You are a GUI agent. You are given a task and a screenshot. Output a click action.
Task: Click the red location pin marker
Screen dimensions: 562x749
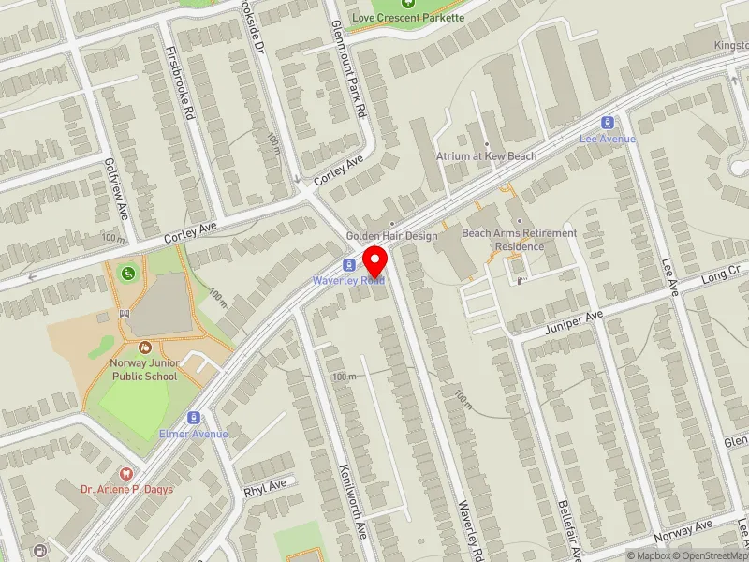click(x=375, y=259)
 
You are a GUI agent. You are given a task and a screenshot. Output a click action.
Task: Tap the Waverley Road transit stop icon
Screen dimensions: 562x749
click(x=348, y=265)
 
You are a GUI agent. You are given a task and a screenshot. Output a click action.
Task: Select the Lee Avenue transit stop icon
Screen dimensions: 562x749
click(x=608, y=123)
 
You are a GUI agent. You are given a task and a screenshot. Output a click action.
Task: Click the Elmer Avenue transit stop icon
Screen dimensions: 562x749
click(x=194, y=418)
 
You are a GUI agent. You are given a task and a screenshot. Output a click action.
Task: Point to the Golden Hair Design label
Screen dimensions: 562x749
click(x=391, y=236)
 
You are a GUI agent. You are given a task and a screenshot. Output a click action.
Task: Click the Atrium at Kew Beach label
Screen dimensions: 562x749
click(x=486, y=156)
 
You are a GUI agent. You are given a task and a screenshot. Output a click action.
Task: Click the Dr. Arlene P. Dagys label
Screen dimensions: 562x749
click(x=126, y=489)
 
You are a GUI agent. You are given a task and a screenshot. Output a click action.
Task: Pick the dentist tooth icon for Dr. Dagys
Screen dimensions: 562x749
click(x=127, y=473)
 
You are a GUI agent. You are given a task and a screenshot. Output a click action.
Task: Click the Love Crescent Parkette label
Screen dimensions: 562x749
click(x=407, y=17)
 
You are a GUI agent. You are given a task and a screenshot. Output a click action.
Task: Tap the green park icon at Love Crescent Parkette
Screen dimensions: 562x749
click(x=407, y=3)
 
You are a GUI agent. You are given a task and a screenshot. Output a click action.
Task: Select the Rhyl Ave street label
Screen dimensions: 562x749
click(x=264, y=488)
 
